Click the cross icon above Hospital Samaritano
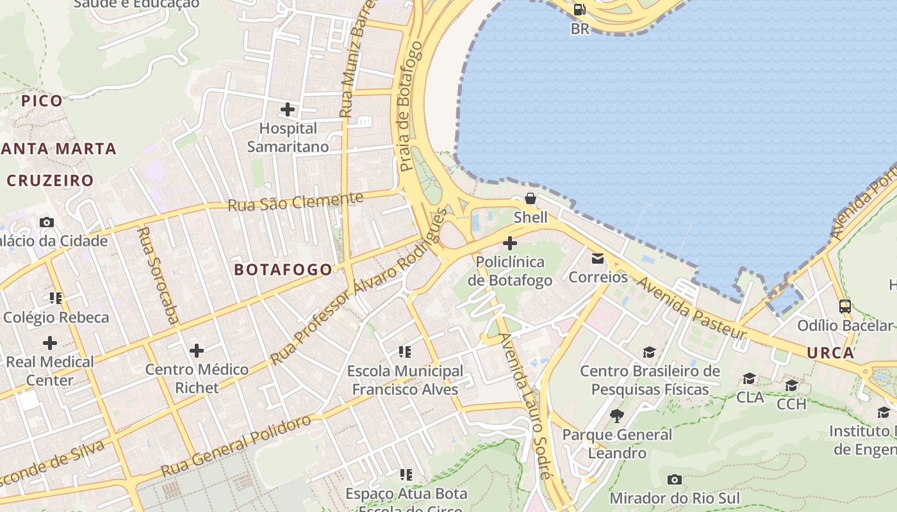288,109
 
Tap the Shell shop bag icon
531,198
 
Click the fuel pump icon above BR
579,10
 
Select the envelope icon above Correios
598,259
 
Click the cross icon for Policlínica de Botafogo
510,243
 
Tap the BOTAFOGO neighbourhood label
283,269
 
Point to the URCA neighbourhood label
830,353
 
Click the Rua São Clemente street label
295,202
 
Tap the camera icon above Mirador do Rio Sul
674,479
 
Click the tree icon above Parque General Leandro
617,416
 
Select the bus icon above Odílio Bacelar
844,307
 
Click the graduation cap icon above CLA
749,379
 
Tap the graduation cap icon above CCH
791,385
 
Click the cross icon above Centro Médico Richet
197,351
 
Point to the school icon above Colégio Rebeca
56,298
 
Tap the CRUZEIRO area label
51,180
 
